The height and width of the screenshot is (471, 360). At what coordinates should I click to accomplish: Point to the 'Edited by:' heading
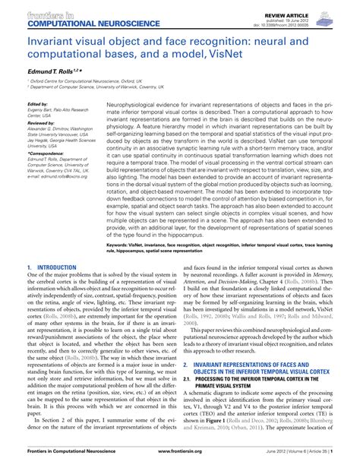[37, 104]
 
